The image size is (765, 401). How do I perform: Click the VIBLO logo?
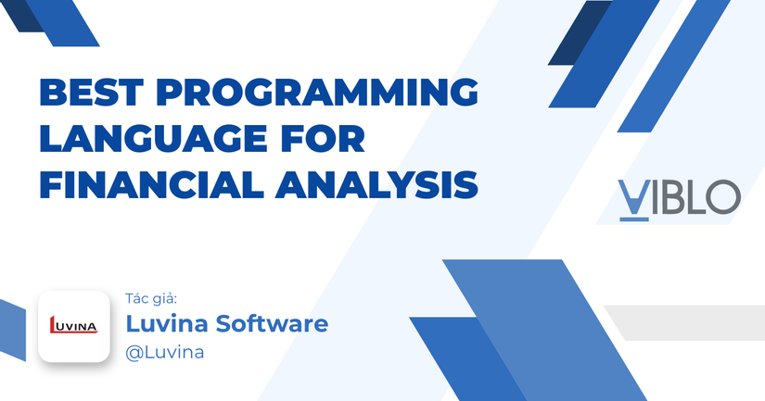coord(679,197)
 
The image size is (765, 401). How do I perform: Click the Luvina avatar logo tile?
coord(73,327)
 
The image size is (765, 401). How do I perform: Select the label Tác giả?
coord(150,298)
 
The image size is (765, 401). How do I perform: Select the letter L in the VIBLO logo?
coord(697,196)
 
